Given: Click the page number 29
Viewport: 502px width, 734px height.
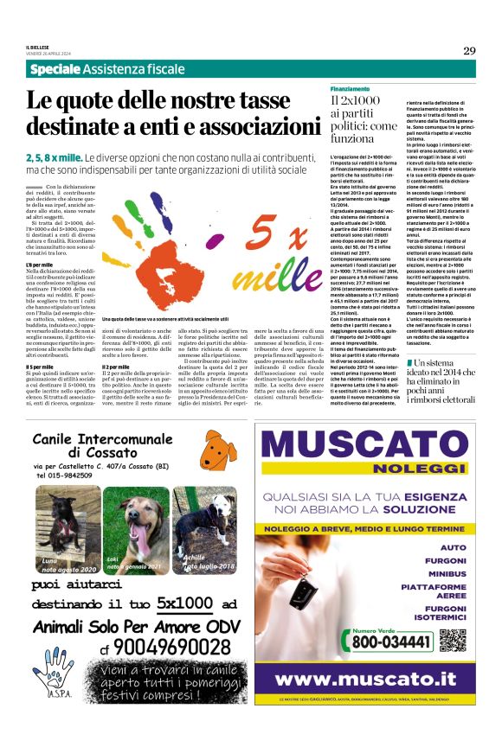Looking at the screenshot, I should click(x=468, y=50).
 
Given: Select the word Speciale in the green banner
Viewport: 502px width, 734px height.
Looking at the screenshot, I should click(x=55, y=68).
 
